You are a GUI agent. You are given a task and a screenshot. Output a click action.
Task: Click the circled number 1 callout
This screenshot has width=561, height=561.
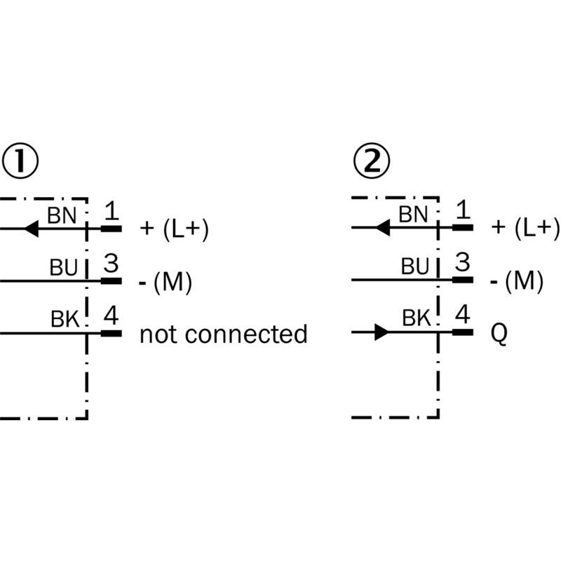tap(20, 161)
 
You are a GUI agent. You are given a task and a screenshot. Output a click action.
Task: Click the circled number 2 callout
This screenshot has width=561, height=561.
tap(372, 161)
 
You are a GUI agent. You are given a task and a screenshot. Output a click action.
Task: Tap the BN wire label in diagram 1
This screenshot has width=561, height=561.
tap(62, 215)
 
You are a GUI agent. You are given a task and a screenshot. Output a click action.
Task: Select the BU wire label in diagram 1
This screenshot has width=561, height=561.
tap(64, 267)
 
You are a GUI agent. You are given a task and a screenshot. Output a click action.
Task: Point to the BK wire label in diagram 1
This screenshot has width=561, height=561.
tap(65, 319)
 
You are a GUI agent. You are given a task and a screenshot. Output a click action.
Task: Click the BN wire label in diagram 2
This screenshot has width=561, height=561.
tap(413, 215)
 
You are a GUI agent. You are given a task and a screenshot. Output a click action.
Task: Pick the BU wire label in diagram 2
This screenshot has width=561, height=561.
tap(415, 266)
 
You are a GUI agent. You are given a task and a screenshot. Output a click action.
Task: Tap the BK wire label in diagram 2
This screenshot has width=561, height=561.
tap(416, 318)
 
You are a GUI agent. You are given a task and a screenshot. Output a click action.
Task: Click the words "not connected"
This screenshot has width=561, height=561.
tap(223, 334)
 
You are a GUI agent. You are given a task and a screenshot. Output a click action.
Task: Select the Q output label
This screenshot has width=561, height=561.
tap(499, 334)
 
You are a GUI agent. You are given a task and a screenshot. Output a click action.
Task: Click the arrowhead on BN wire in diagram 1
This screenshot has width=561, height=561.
tap(31, 229)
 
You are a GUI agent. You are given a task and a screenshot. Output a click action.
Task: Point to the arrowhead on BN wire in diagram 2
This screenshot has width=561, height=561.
tap(383, 227)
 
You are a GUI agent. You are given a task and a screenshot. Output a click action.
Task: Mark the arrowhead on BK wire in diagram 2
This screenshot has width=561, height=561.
tap(381, 332)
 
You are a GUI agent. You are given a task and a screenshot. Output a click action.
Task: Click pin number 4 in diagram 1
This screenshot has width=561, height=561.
tap(111, 316)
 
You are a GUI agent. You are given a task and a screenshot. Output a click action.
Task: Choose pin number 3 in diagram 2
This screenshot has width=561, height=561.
tap(462, 262)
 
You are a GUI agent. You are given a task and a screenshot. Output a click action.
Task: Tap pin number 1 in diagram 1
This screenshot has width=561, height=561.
tap(111, 211)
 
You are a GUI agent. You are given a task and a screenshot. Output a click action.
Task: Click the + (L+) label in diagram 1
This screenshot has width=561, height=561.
tap(174, 229)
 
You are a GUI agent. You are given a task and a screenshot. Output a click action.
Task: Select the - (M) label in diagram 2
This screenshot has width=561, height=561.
tap(517, 281)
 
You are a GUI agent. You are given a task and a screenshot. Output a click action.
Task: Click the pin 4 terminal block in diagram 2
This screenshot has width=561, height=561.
tap(463, 332)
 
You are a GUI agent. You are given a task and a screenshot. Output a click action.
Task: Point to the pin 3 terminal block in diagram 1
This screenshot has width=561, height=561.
tap(111, 281)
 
